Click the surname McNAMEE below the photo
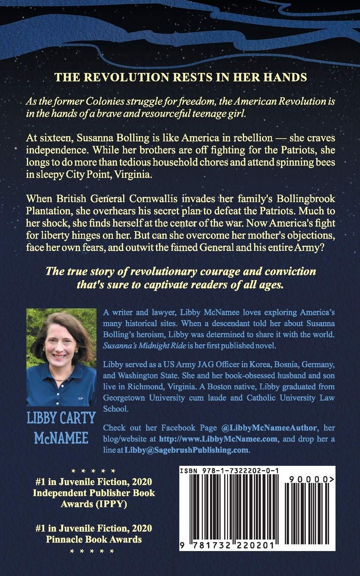point(61,438)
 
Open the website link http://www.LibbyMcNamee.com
point(219,439)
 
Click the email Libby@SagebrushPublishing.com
point(186,450)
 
